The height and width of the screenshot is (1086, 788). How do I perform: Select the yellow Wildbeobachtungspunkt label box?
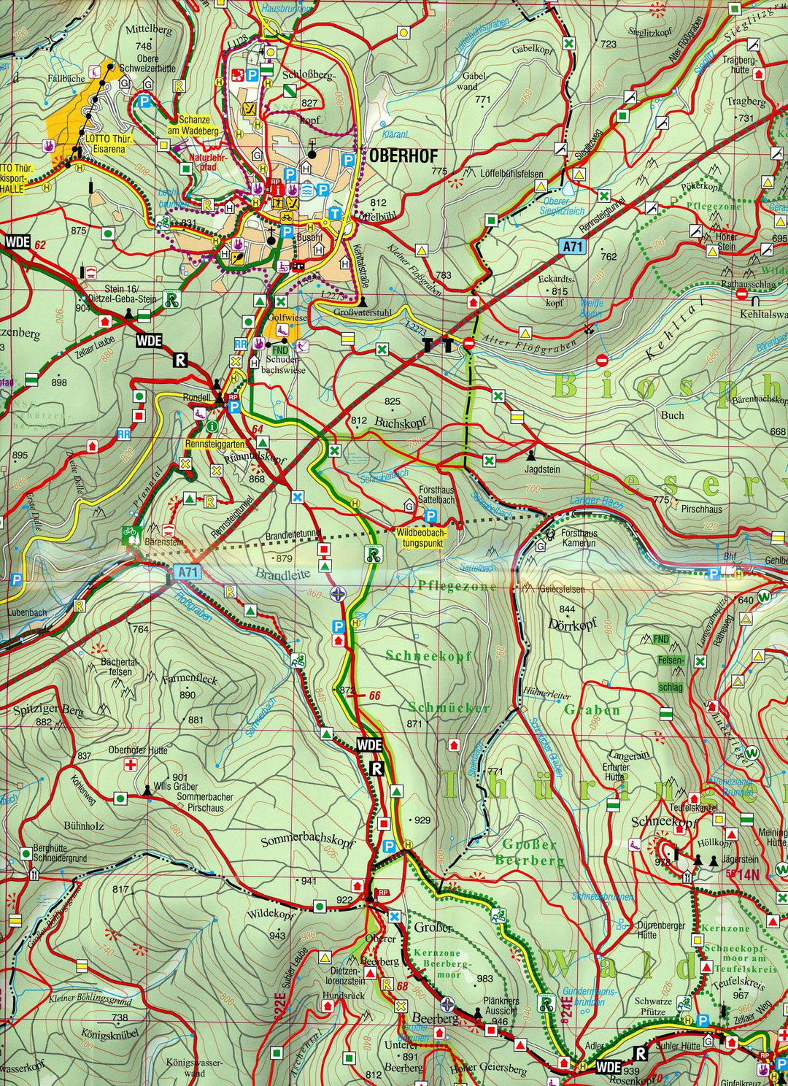(x=425, y=536)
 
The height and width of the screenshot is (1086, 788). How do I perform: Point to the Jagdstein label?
(x=542, y=469)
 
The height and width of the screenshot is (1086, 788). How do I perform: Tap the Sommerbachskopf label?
(x=307, y=842)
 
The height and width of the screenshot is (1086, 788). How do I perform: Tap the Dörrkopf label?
(x=573, y=625)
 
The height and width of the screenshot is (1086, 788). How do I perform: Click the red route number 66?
(x=375, y=696)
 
